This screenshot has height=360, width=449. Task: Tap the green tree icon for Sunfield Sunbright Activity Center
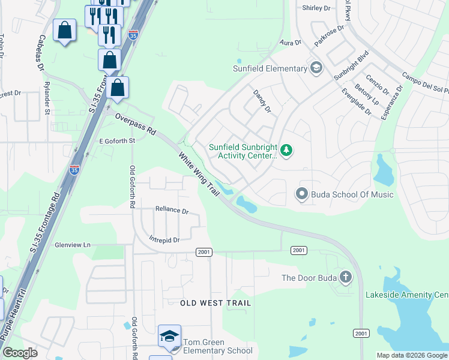coord(286,150)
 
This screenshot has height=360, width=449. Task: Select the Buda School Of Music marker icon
coord(301,194)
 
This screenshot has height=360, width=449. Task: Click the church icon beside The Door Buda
coord(345,277)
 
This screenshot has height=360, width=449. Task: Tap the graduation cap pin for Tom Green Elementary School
coord(169,337)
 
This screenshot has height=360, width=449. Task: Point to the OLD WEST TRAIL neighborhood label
coord(215,304)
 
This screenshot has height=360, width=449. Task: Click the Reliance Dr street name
coord(172,211)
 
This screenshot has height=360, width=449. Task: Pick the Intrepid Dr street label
coord(164,240)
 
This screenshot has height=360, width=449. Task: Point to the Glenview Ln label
coord(72,245)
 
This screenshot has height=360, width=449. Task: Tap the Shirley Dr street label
coord(316,8)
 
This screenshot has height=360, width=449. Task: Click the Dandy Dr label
coord(262,101)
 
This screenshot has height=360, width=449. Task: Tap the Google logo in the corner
coord(20,353)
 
